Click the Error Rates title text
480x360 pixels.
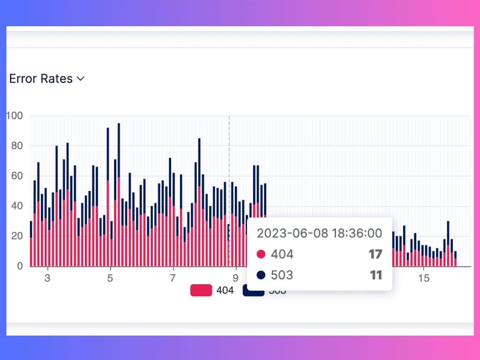point(41,79)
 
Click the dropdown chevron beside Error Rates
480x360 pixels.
point(80,79)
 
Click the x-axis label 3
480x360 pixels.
point(47,278)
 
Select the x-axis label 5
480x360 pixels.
point(110,278)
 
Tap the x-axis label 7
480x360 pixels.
point(173,278)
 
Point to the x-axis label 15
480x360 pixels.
point(423,278)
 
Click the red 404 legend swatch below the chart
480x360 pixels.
point(201,291)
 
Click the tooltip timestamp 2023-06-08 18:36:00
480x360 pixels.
point(319,233)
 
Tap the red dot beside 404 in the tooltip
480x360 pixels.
point(261,255)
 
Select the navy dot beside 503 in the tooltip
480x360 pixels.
point(261,275)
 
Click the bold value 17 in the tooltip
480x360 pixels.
point(375,255)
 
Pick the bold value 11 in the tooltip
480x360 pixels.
point(376,275)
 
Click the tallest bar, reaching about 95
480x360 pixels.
point(119,197)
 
